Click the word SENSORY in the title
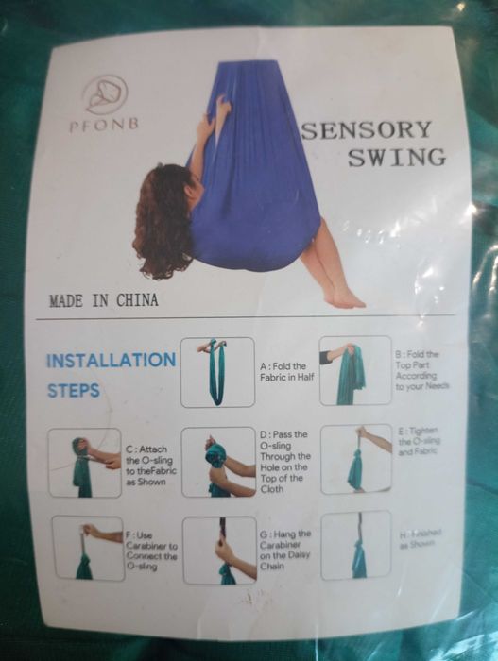pos(367,130)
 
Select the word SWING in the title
pos(396,158)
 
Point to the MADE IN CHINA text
pos(104,301)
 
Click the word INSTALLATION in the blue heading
pos(111,361)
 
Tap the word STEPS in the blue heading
pos(74,390)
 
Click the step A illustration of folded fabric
pos(217,371)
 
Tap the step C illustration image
pos(85,462)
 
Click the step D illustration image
pos(217,462)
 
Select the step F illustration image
pos(87,547)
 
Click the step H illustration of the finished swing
pos(356,545)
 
